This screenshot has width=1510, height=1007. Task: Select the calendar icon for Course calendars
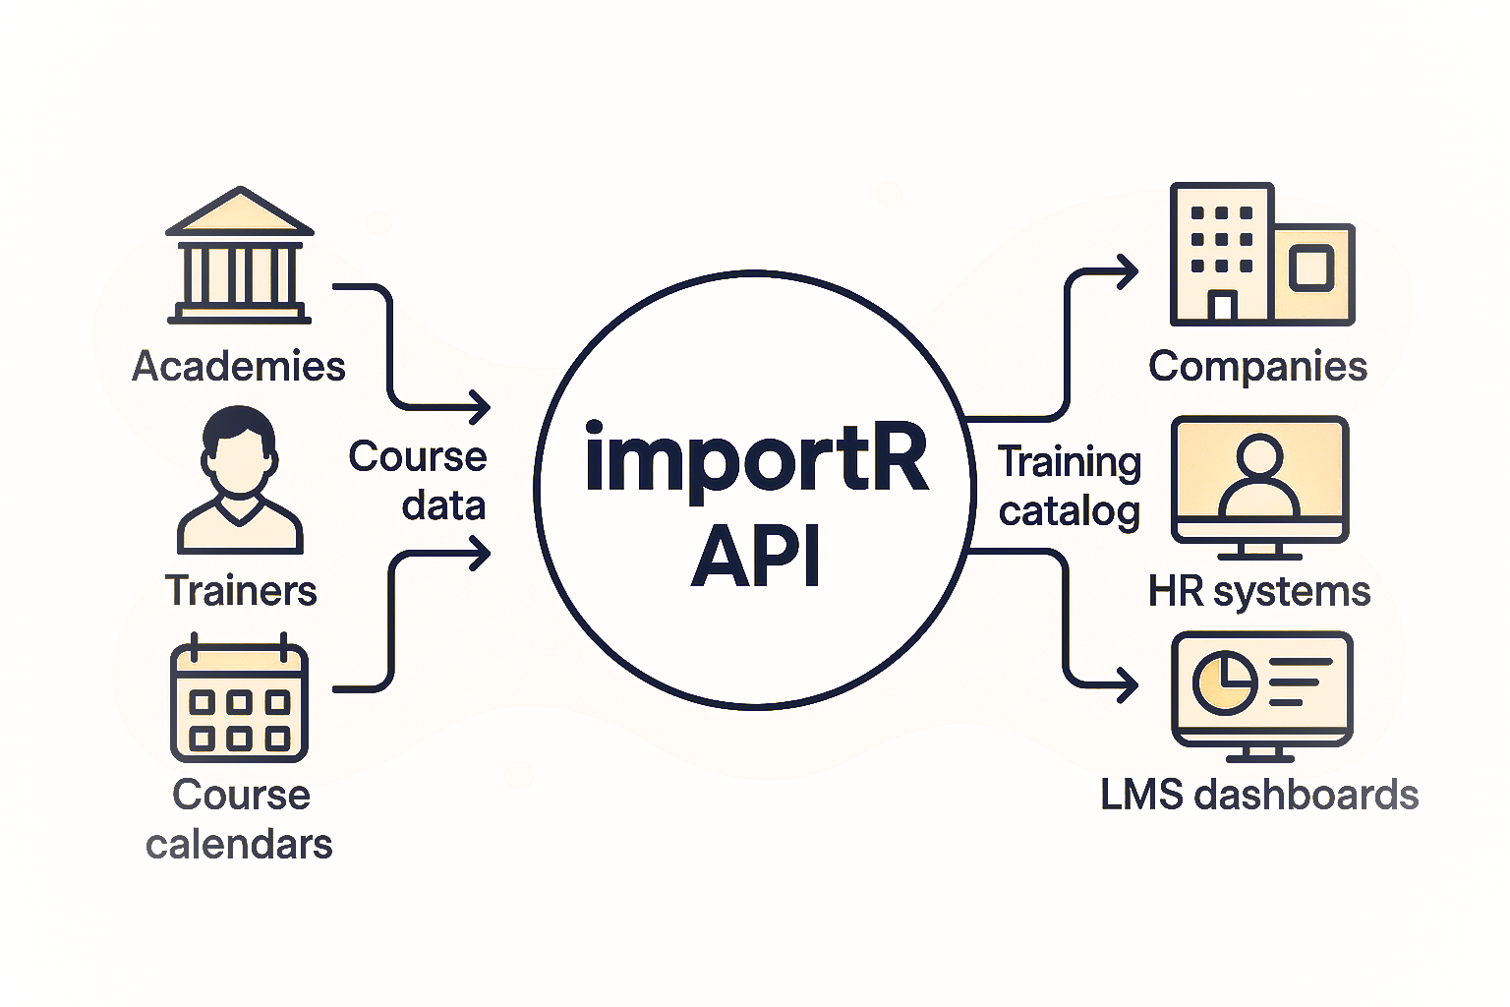[239, 700]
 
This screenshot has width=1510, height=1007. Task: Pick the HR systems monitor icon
[1259, 482]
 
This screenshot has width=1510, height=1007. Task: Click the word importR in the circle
[756, 458]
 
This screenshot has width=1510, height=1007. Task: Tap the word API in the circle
[756, 557]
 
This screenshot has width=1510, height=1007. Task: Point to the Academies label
[239, 367]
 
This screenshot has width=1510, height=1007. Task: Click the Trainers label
[241, 591]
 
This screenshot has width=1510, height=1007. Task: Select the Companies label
[1257, 367]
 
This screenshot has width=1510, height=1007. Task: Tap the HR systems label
[1258, 592]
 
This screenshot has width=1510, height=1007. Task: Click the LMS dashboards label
[1258, 795]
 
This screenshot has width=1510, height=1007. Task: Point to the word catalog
[1069, 512]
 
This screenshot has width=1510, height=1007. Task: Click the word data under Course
[443, 505]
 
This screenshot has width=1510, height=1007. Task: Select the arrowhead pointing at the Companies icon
[1129, 271]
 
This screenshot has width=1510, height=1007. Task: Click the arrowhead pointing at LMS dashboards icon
[1129, 685]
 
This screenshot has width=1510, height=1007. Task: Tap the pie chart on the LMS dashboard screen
[1224, 681]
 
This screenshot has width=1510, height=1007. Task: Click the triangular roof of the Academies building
[240, 211]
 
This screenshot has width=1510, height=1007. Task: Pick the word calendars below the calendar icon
[239, 845]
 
